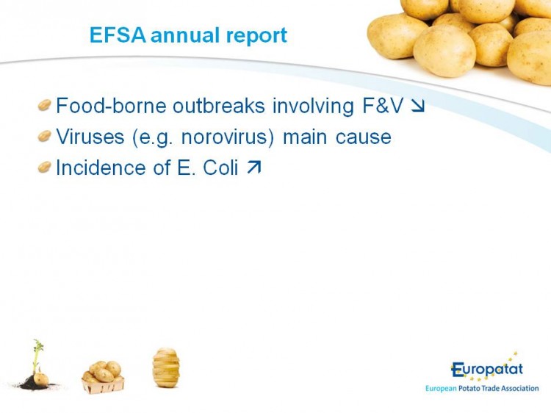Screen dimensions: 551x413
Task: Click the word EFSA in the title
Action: click(x=118, y=35)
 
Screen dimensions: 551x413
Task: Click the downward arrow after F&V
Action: click(x=418, y=106)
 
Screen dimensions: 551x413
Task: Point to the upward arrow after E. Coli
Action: click(x=254, y=168)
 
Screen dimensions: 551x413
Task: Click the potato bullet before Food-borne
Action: click(x=45, y=105)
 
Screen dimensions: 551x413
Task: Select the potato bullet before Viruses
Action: click(x=45, y=136)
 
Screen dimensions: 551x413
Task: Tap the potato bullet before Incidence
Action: click(x=45, y=167)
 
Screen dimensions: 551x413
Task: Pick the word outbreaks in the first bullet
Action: click(x=219, y=105)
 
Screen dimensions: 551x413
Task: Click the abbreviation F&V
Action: click(x=383, y=106)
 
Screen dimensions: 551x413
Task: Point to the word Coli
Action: click(x=220, y=168)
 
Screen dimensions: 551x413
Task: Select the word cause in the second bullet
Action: click(x=364, y=137)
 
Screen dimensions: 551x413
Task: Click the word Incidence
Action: click(x=101, y=168)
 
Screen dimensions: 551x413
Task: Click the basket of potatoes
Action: click(x=103, y=377)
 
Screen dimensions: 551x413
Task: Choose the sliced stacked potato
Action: click(x=166, y=367)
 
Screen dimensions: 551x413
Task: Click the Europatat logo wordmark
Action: click(x=487, y=370)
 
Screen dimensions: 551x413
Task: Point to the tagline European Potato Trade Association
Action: click(x=482, y=389)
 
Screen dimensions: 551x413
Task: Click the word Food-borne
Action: click(x=111, y=105)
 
